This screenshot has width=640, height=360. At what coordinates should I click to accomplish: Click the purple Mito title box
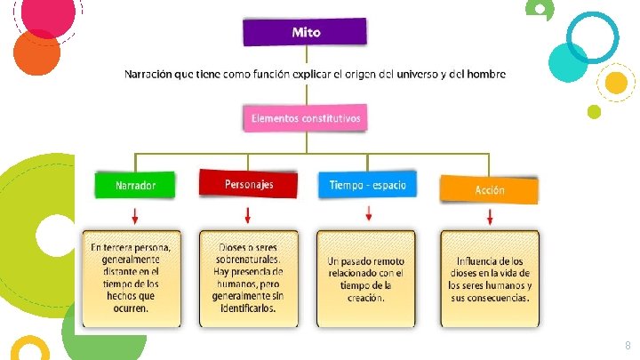(306, 32)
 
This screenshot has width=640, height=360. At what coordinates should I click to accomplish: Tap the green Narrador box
(135, 186)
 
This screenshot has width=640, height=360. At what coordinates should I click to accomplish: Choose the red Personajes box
(248, 184)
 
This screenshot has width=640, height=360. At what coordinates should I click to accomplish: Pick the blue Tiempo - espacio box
(367, 185)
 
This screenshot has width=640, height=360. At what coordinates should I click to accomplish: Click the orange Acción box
(489, 189)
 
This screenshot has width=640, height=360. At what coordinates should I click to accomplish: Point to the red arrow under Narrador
(135, 216)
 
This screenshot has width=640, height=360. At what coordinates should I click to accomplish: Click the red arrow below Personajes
(248, 215)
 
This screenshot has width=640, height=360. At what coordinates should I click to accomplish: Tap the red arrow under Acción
(490, 217)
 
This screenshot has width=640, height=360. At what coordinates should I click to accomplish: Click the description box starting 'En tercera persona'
(132, 278)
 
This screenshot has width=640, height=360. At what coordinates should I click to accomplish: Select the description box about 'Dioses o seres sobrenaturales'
(248, 278)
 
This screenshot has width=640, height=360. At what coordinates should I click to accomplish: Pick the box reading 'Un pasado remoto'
(365, 278)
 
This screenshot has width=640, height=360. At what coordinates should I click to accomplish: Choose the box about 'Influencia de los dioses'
(489, 278)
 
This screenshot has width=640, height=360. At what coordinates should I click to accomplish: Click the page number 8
(628, 344)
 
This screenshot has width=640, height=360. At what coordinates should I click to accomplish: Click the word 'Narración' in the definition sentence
(148, 74)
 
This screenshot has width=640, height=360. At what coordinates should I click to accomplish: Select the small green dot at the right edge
(594, 111)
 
